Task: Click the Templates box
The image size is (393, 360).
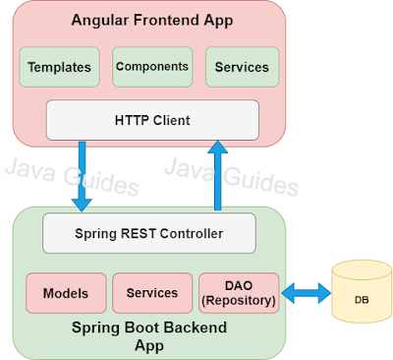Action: (60, 68)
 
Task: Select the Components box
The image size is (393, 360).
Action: (151, 67)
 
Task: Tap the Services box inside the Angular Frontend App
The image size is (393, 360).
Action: (242, 68)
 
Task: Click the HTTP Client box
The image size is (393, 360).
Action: (152, 120)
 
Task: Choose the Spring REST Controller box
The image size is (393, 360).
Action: (148, 234)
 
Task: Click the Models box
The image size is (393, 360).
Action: (66, 293)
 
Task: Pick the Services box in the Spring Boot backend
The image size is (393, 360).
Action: (151, 293)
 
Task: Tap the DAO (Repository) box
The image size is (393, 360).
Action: (239, 293)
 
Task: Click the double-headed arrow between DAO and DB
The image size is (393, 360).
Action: (305, 292)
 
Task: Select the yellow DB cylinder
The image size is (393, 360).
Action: (361, 292)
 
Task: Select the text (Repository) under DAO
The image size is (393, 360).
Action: (239, 300)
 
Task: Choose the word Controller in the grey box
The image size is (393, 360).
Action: (189, 234)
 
